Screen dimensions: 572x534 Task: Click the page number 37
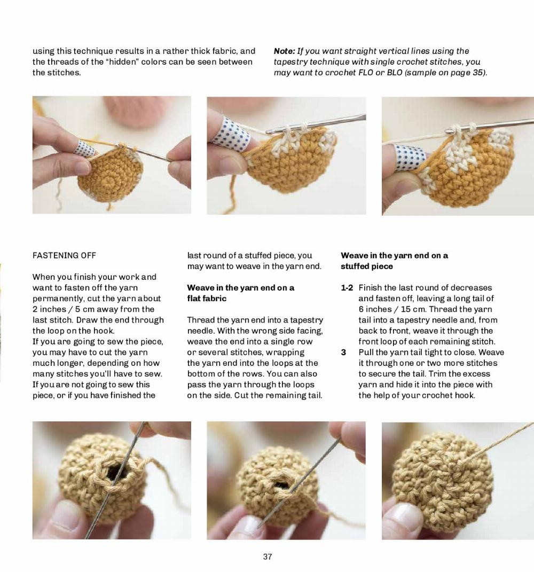tap(268, 557)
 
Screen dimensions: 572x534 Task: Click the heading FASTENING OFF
tap(64, 255)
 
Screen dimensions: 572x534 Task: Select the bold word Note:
tap(284, 51)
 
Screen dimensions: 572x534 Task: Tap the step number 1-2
tap(347, 288)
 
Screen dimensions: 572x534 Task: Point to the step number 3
tap(343, 352)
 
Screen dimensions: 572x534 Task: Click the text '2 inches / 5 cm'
tap(64, 309)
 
